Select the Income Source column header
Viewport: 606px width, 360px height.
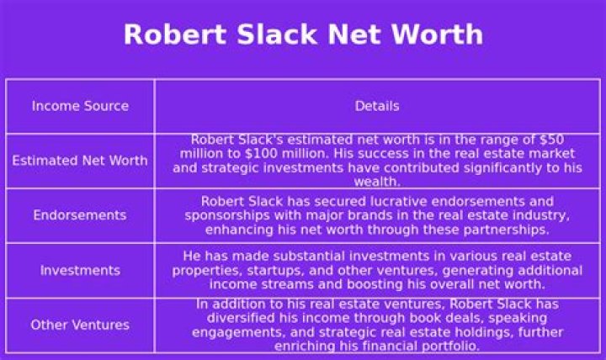click(x=80, y=106)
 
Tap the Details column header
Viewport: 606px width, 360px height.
click(x=377, y=106)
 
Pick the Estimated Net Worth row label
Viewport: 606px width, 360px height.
click(x=80, y=161)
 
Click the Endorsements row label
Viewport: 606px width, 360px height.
click(x=80, y=215)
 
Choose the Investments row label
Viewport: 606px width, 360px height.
click(x=80, y=270)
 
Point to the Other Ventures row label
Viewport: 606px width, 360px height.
click(x=80, y=325)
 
